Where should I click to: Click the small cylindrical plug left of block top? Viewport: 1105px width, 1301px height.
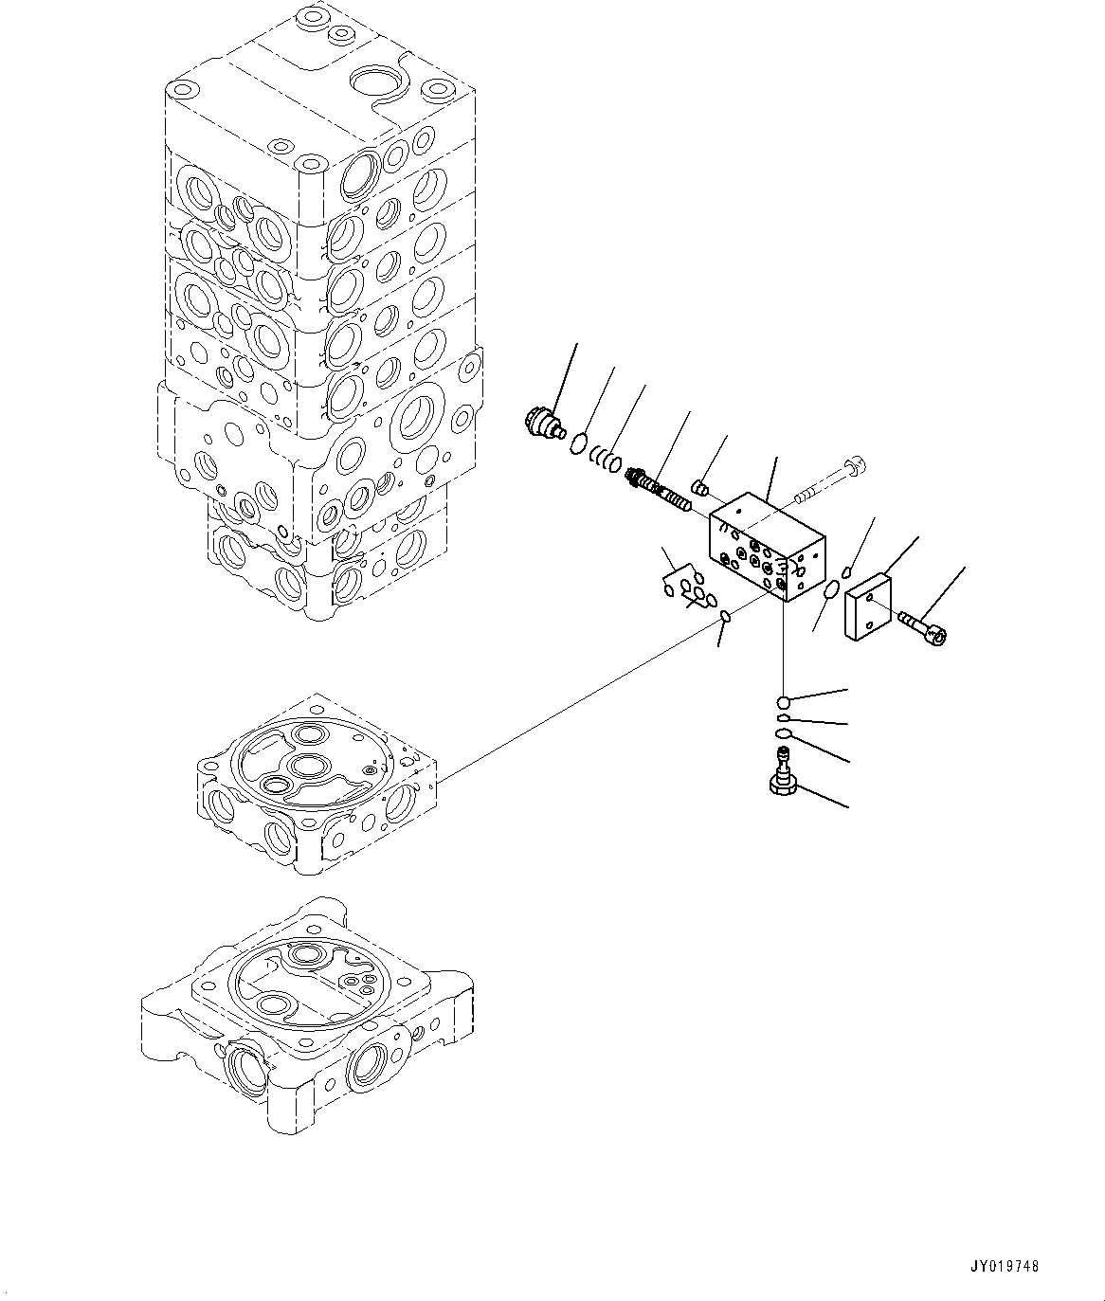(x=702, y=487)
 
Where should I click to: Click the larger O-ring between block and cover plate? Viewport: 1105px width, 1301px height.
(x=831, y=590)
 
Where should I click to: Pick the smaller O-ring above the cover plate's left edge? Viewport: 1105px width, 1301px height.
(x=846, y=571)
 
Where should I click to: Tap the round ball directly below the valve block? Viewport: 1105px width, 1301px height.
(x=783, y=702)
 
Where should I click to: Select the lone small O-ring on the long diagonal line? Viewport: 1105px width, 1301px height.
(x=726, y=618)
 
